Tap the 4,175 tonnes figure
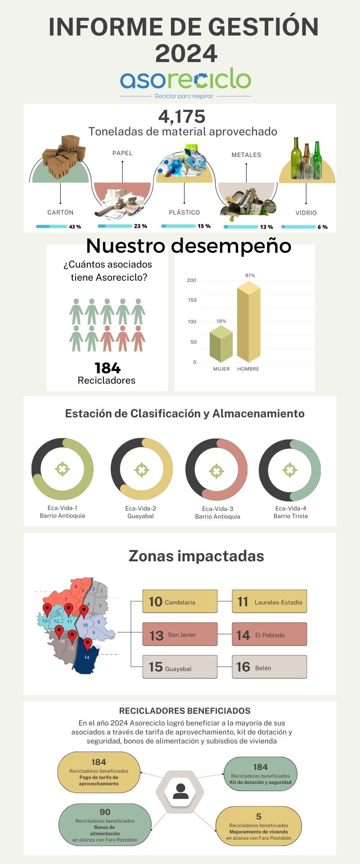click(x=182, y=117)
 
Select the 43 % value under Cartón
click(x=75, y=227)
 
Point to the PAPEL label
click(x=122, y=153)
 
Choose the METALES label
click(x=246, y=155)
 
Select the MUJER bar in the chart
click(x=221, y=345)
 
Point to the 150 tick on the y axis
click(x=192, y=300)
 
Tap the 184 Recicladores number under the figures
click(x=108, y=368)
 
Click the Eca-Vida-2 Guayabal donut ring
click(x=141, y=470)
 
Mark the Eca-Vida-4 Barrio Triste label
click(x=291, y=512)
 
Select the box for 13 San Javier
click(x=180, y=635)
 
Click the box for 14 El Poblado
click(x=269, y=635)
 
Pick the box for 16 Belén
click(x=269, y=667)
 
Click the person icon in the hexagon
click(x=180, y=791)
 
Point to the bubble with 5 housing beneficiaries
click(x=258, y=826)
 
